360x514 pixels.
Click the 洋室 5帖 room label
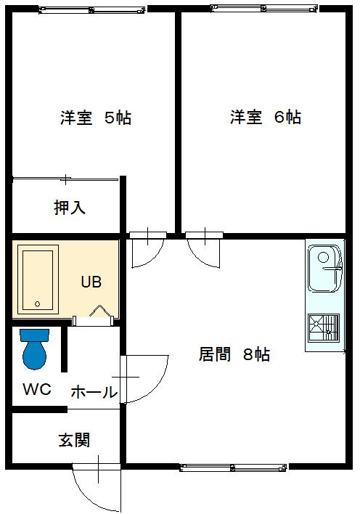[95, 118]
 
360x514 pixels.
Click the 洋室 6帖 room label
[265, 117]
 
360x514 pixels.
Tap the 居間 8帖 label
[234, 354]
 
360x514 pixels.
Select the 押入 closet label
[70, 208]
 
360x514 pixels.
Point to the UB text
[91, 282]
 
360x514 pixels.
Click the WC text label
[37, 389]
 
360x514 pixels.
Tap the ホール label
[94, 392]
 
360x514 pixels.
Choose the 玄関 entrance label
[74, 440]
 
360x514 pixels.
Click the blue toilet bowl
[34, 355]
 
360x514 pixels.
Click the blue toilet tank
[34, 335]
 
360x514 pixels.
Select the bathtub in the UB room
[38, 279]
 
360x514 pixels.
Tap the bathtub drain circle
[37, 304]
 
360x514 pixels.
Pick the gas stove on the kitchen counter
[324, 327]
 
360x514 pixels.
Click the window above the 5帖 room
[91, 10]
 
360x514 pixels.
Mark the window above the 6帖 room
[264, 9]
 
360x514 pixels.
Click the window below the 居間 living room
[233, 468]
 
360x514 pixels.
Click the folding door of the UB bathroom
[99, 311]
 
